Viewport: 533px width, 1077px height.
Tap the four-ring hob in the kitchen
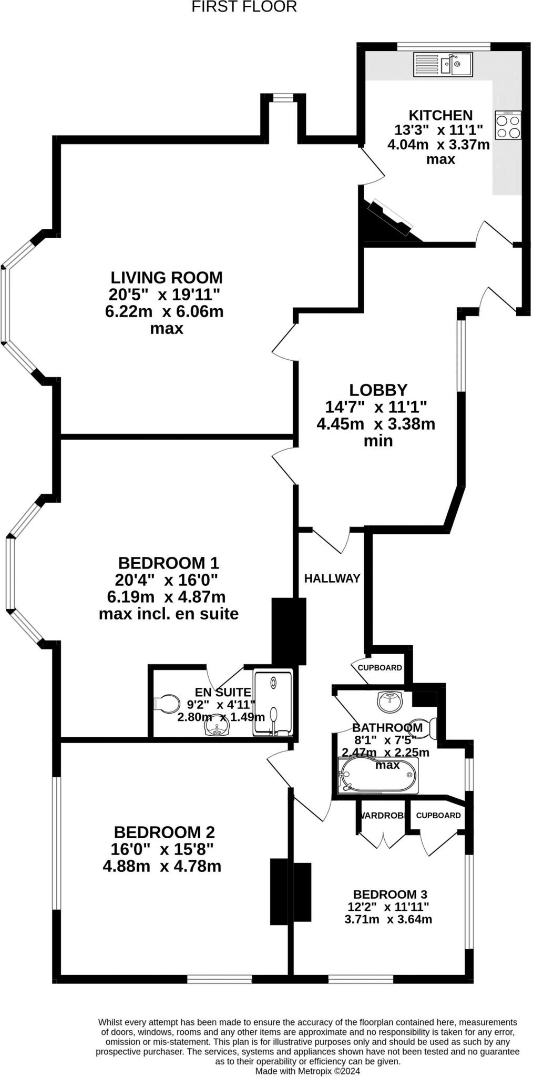click(508, 125)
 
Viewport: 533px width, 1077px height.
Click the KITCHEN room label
click(440, 115)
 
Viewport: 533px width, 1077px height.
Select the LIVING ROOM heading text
click(166, 277)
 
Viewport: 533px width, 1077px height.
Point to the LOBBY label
click(378, 390)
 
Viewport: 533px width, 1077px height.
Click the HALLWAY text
click(332, 578)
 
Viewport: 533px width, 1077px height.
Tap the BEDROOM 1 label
click(168, 563)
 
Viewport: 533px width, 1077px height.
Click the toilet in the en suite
click(167, 703)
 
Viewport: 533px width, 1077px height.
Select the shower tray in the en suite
click(273, 702)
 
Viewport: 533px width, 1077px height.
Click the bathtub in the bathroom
click(377, 776)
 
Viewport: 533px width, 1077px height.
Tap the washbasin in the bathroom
click(389, 700)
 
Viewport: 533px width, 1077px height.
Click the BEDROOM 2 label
click(164, 832)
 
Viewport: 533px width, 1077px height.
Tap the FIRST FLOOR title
click(244, 7)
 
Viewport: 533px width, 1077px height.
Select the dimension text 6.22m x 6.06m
click(164, 311)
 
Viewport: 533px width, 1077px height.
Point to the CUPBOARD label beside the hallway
click(380, 668)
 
